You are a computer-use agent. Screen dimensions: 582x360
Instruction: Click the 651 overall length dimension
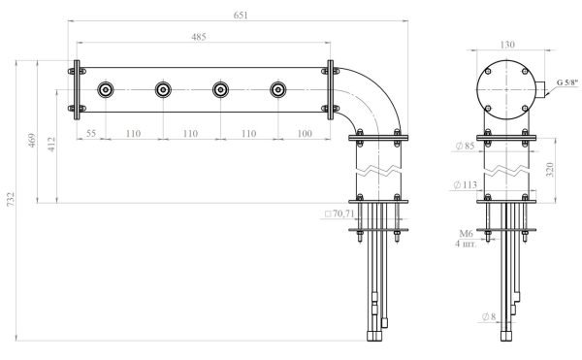click(241, 16)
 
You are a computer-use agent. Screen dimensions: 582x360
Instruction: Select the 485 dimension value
click(199, 37)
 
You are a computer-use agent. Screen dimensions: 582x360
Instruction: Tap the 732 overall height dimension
click(11, 199)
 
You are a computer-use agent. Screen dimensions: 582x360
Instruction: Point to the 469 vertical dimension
click(32, 141)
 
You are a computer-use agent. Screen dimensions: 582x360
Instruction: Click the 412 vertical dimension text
click(51, 145)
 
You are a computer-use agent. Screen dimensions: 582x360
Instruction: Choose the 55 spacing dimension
click(91, 133)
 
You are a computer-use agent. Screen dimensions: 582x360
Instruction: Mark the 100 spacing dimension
click(305, 133)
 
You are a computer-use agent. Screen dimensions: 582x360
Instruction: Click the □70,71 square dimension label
click(339, 213)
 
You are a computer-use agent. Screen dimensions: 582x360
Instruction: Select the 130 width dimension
click(507, 45)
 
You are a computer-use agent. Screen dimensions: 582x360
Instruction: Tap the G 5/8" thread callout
click(567, 82)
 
